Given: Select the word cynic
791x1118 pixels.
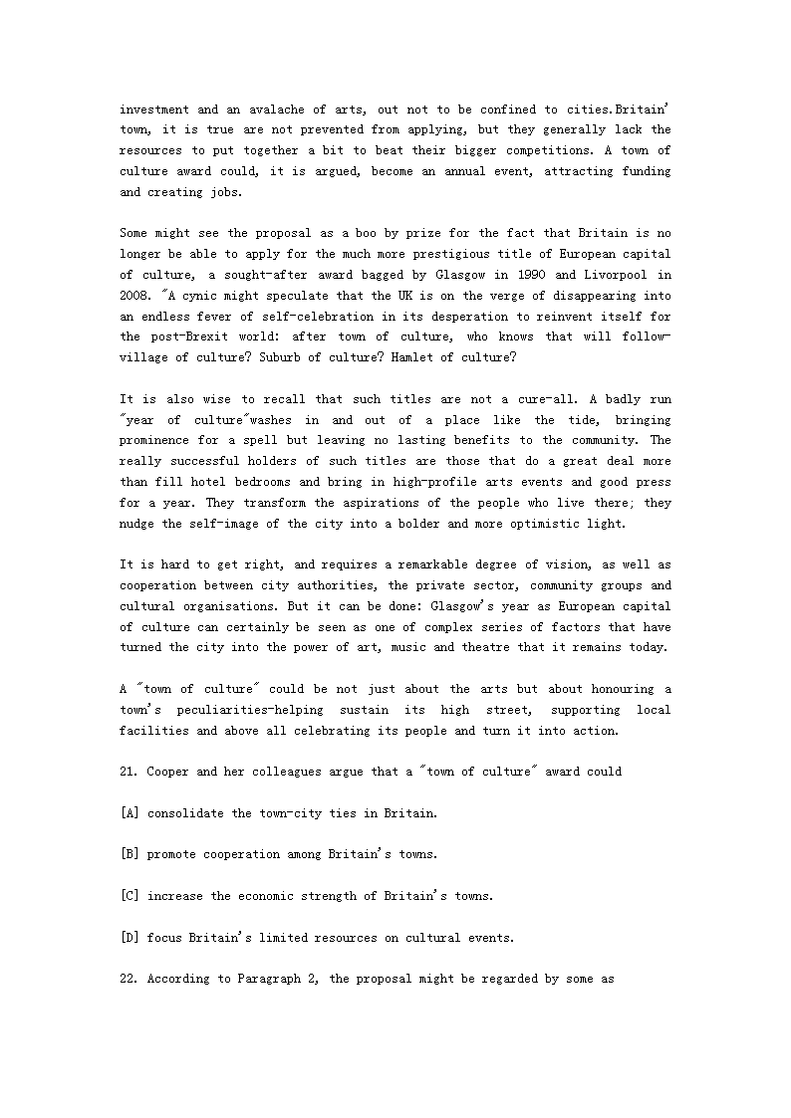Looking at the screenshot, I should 211,296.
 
